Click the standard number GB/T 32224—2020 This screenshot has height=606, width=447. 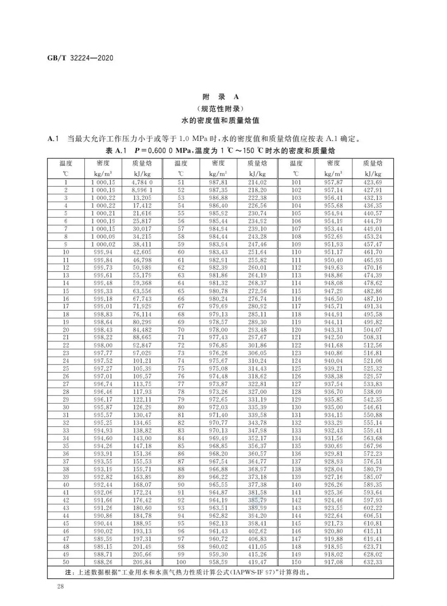[x=80, y=58]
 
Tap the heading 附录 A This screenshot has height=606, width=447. [x=221, y=97]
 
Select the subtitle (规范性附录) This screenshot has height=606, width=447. [x=221, y=109]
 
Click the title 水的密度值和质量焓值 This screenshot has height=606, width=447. [x=221, y=121]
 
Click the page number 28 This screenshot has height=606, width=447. [x=60, y=587]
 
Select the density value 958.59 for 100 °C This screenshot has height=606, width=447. [x=218, y=562]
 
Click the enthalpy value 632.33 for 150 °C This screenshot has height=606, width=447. [x=372, y=562]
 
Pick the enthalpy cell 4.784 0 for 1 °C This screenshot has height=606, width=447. [x=142, y=182]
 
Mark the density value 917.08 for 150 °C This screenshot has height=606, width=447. [x=333, y=562]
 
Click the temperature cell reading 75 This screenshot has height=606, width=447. [x=181, y=369]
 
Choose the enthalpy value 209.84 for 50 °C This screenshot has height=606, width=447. [x=142, y=562]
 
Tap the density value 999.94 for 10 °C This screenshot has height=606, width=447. [x=103, y=252]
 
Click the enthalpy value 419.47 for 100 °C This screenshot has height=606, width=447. [x=257, y=562]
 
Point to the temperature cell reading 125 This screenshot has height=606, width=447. [x=296, y=369]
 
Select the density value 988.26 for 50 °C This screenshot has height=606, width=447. [x=103, y=562]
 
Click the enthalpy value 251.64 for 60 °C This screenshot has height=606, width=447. [x=257, y=252]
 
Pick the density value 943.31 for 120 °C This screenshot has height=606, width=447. [x=333, y=330]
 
